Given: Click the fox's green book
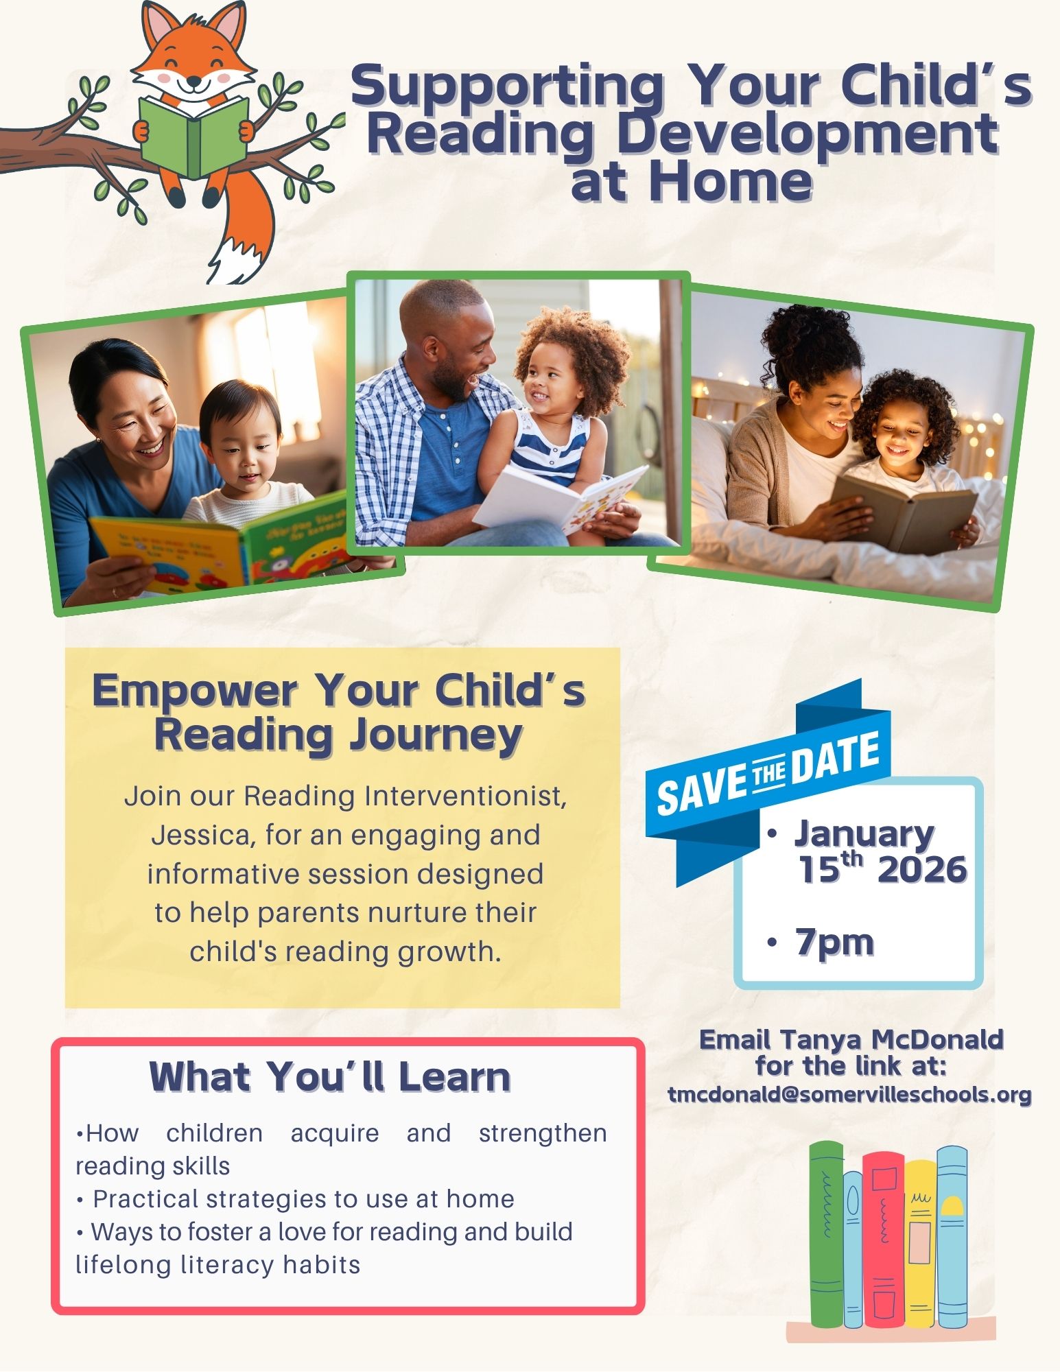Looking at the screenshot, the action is (x=193, y=135).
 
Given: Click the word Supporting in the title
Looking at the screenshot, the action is (x=506, y=87).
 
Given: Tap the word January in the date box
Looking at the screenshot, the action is (x=864, y=835).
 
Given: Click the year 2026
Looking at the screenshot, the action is (x=922, y=870).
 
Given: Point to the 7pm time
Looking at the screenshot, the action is (x=834, y=942).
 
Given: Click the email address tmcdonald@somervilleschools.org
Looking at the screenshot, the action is (x=850, y=1094).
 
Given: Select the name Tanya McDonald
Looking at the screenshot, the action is (x=891, y=1039).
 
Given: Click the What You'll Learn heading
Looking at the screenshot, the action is (x=330, y=1076).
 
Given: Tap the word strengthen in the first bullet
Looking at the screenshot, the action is (x=543, y=1133).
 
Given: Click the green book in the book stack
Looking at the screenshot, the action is (x=826, y=1235).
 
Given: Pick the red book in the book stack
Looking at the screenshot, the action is (x=883, y=1239).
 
